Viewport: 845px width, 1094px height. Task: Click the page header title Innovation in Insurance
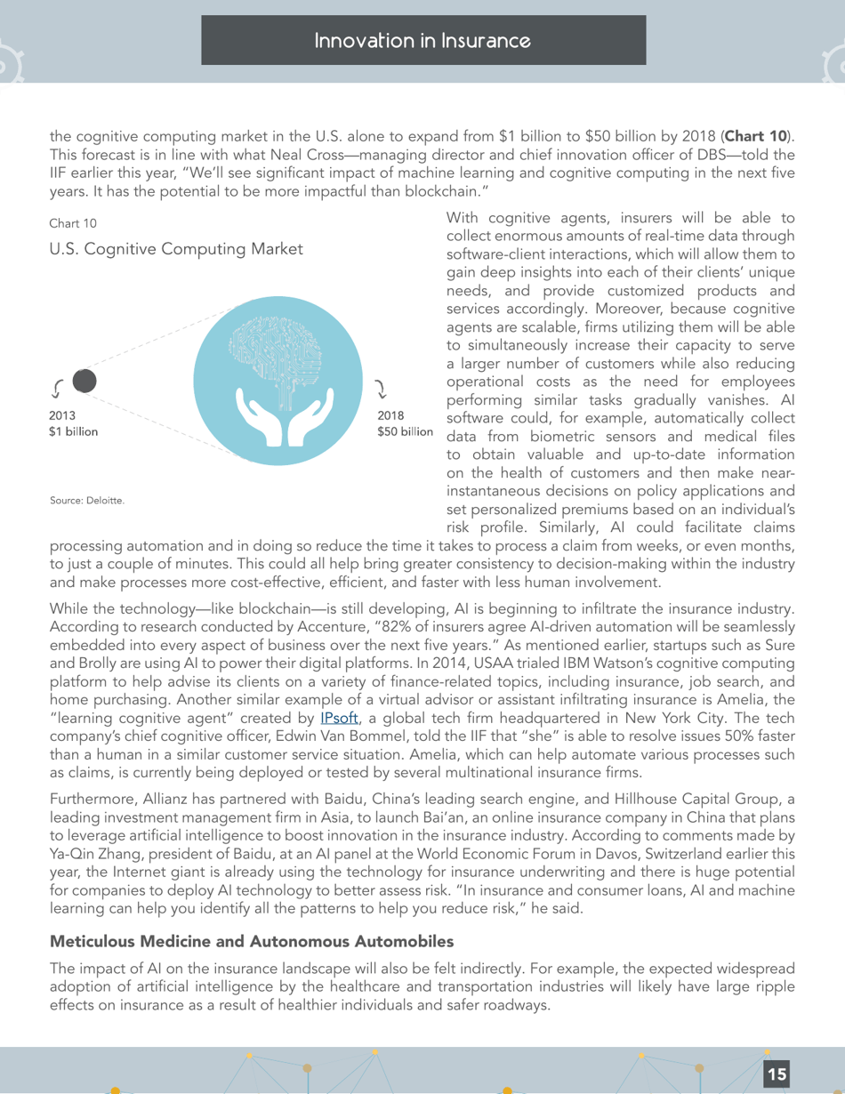coord(422,41)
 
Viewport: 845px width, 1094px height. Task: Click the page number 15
coord(777,1074)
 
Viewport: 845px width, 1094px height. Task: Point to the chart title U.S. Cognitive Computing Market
coord(176,250)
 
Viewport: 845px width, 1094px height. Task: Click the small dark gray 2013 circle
coord(84,382)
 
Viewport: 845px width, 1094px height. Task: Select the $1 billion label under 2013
coord(74,432)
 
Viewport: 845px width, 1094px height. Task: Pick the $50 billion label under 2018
coord(405,432)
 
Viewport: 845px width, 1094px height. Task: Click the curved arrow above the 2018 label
coord(381,387)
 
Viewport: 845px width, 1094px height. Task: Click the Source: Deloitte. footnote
coord(87,502)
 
